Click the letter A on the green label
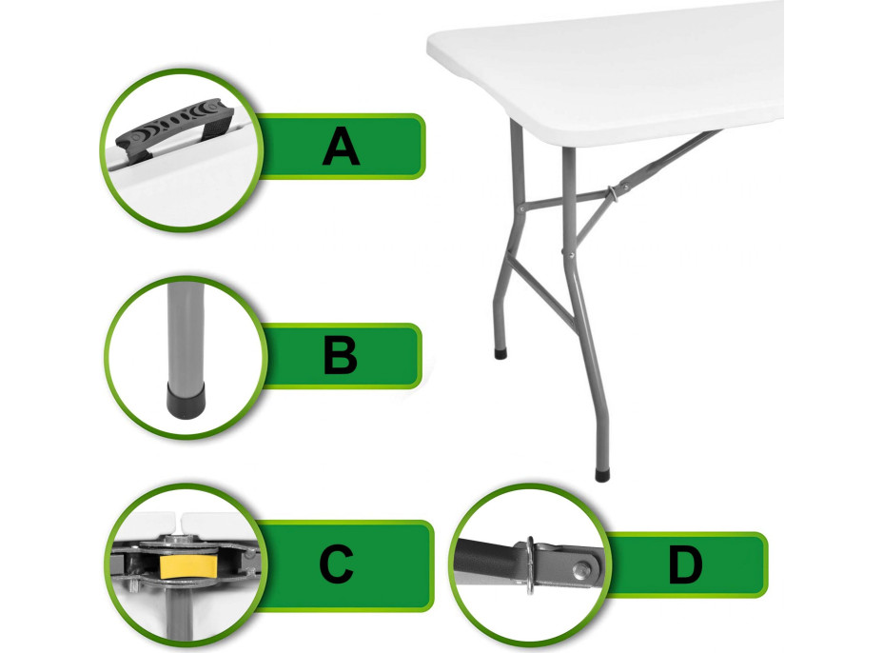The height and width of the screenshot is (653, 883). click(341, 146)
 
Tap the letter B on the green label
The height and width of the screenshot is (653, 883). click(340, 355)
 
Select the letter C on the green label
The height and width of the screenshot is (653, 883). click(336, 564)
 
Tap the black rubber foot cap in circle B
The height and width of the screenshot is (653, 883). click(186, 401)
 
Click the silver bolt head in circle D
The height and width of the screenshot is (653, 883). click(580, 571)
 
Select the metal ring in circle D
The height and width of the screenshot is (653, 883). click(531, 564)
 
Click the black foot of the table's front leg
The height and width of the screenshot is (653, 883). click(602, 474)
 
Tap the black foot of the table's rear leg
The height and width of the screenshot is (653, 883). click(500, 354)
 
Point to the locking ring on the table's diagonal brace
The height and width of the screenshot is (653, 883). click(613, 194)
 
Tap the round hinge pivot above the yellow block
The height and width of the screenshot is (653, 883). click(179, 541)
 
